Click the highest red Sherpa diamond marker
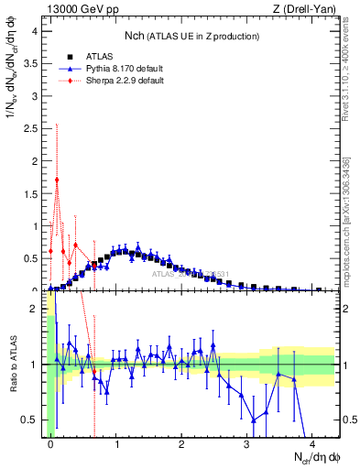click(x=57, y=180)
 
